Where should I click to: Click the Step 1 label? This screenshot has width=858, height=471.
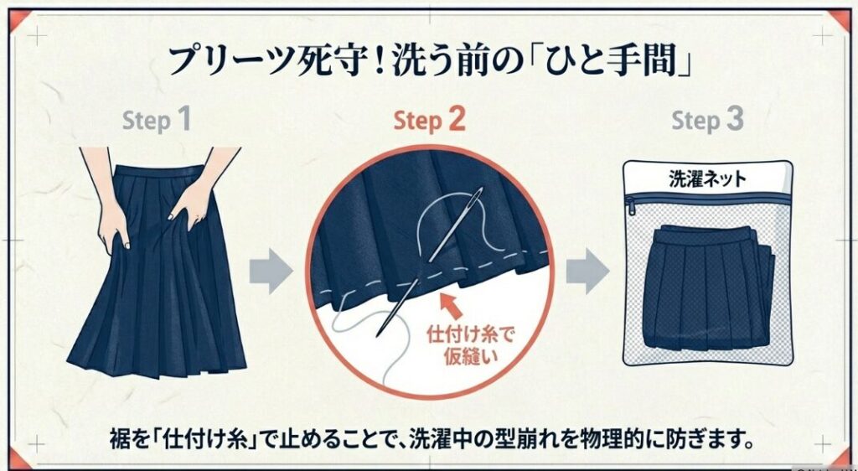point(157,121)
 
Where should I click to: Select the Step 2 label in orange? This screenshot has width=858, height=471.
point(429,121)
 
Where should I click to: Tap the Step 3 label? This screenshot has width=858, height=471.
point(707,121)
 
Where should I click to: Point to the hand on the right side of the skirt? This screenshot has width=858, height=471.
point(193,198)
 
